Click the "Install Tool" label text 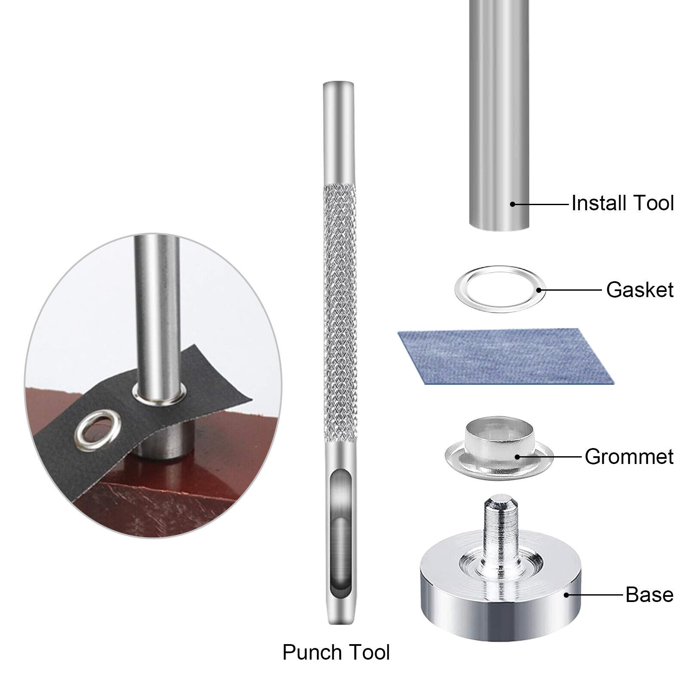click(x=622, y=203)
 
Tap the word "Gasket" click(x=640, y=290)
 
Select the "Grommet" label click(x=629, y=456)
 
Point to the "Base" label click(x=650, y=595)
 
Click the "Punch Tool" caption click(x=336, y=652)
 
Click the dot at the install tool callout click(x=513, y=203)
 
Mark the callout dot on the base click(x=567, y=595)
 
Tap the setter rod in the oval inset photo click(x=159, y=318)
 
